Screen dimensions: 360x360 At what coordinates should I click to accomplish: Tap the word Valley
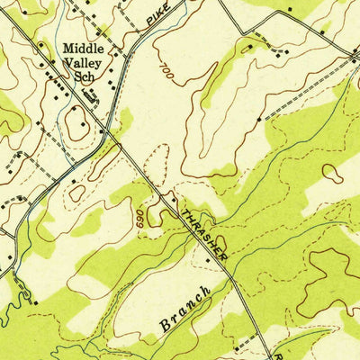point(82,64)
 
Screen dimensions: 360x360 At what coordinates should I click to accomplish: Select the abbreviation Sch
point(86,79)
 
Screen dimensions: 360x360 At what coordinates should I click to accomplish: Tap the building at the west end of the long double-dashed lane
point(258,119)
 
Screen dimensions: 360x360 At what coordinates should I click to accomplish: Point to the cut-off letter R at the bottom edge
point(279,355)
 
